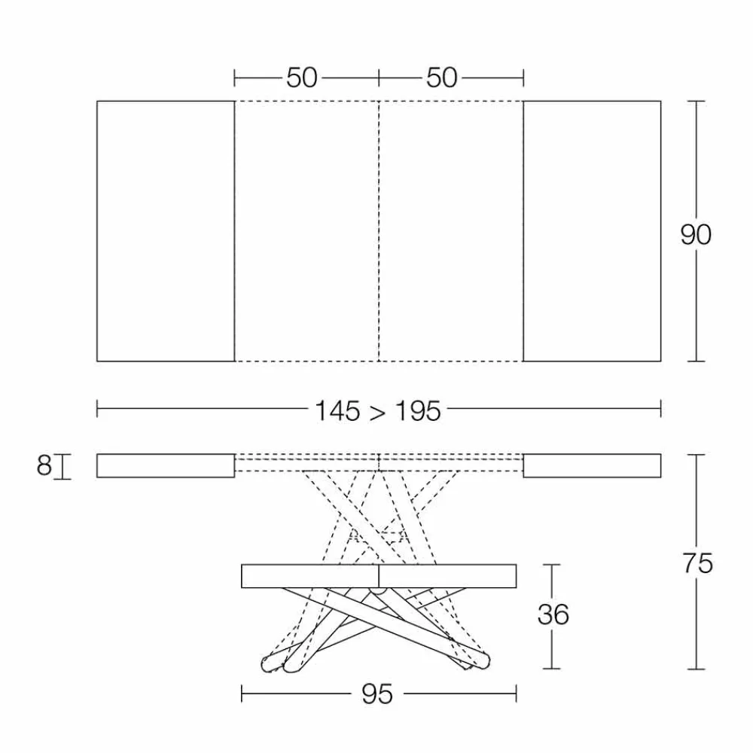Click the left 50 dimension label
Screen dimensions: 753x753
(302, 78)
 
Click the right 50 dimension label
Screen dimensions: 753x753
(441, 78)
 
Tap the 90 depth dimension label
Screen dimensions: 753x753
(695, 235)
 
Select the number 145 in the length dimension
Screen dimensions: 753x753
(337, 412)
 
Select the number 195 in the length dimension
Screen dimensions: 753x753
(418, 412)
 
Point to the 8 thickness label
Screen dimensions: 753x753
(44, 465)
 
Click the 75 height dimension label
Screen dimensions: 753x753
(698, 563)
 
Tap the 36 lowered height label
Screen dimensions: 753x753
(553, 614)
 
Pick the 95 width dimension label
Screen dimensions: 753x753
(377, 694)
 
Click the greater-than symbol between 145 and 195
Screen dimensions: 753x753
(377, 413)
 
